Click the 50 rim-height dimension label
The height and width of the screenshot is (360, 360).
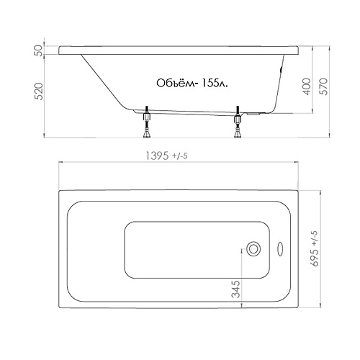pos(39,50)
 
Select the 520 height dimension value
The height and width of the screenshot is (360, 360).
pos(39,91)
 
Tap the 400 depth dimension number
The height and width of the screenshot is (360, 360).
pos(307,86)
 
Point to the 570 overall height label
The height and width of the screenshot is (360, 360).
pos(323,86)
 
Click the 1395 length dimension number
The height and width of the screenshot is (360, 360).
pos(158,156)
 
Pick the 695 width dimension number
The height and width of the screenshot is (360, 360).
pos(315,257)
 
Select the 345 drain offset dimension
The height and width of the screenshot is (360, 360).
pos(236,289)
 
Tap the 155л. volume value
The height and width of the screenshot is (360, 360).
pos(214,84)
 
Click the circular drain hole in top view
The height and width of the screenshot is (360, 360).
pos(253,249)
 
